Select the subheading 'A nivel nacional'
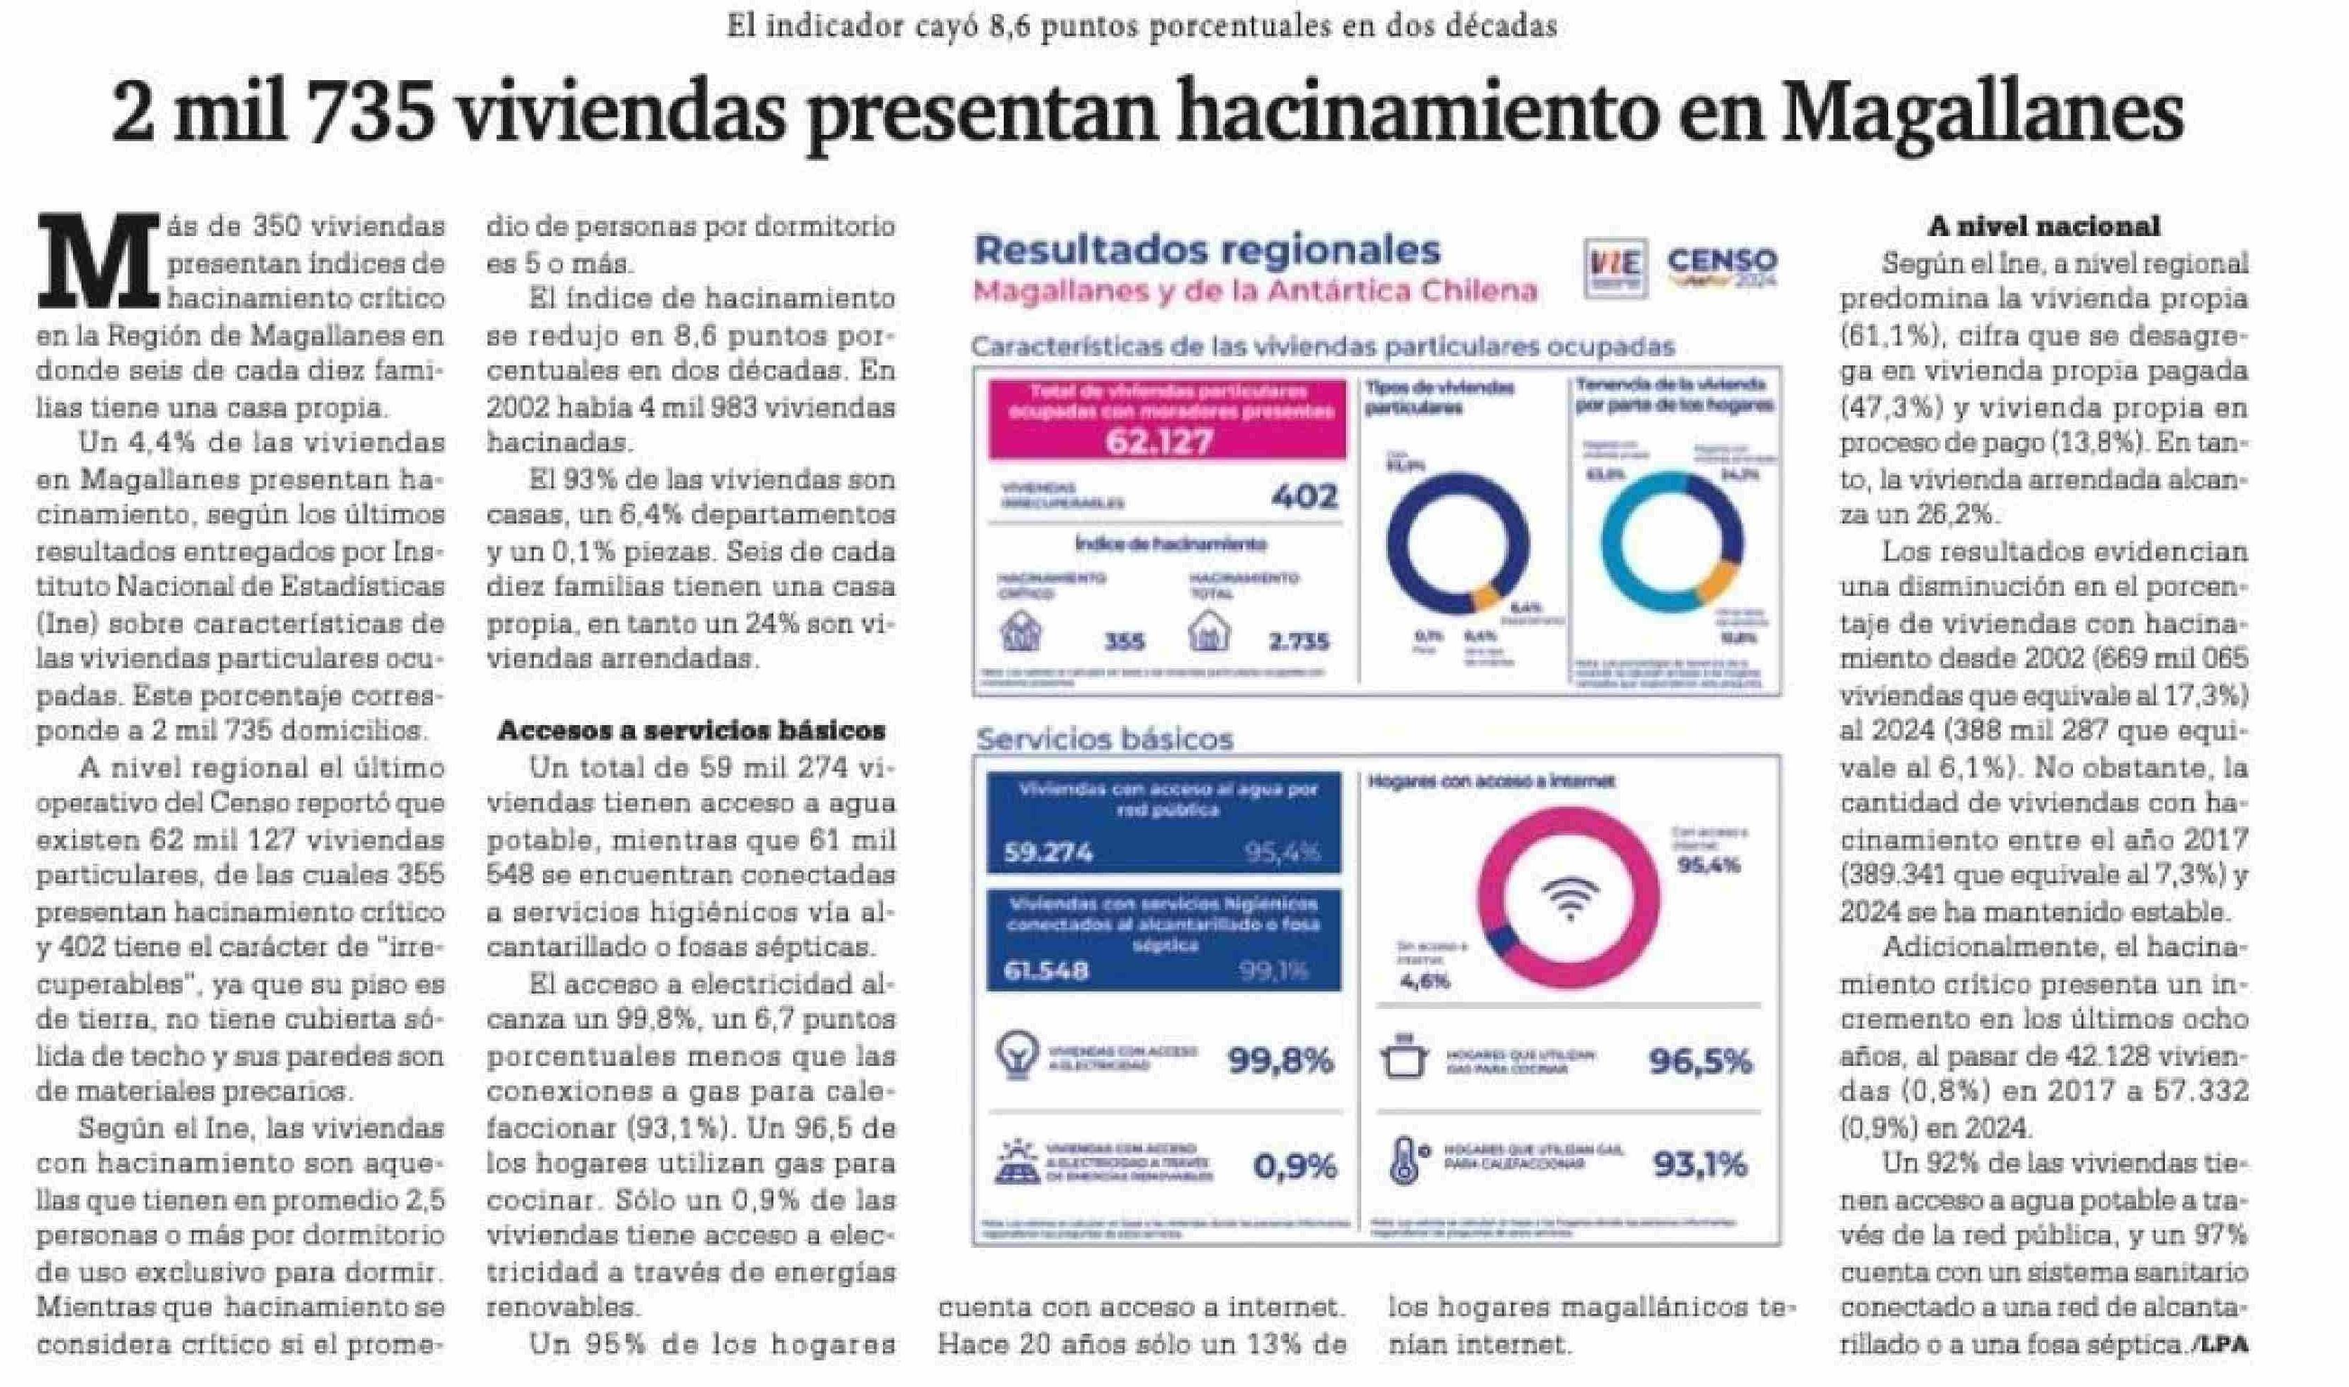tap(2043, 226)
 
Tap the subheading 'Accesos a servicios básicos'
tap(691, 730)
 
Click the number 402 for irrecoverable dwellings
tap(1304, 495)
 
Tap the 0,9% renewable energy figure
tap(1294, 1166)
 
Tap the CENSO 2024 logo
tap(1722, 266)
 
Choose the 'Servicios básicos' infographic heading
tap(1104, 739)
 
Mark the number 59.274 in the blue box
tap(1048, 852)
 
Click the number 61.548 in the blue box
tap(1045, 970)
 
